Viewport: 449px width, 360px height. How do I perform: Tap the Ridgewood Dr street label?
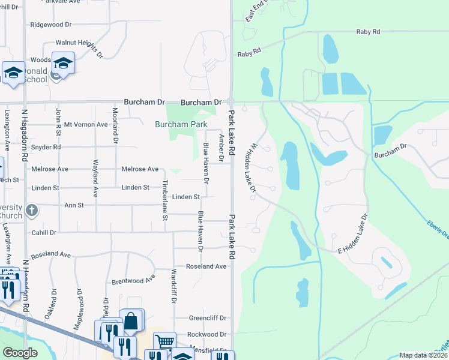coord(50,25)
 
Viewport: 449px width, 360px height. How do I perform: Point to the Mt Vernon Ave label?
coord(86,125)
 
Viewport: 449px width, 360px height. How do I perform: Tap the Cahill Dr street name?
coord(44,232)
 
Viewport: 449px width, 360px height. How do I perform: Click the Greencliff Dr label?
coord(207,318)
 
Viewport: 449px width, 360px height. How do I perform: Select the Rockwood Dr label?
coord(206,334)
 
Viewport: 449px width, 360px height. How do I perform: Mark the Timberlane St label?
coord(165,199)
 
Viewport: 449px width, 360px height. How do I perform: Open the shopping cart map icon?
coord(164,341)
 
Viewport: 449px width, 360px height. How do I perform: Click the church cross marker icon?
coord(32,211)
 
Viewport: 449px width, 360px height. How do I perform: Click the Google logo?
coord(20,353)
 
